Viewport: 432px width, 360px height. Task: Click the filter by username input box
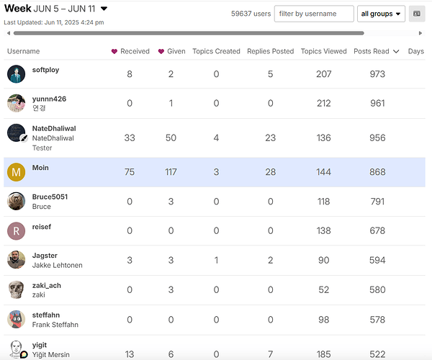click(314, 14)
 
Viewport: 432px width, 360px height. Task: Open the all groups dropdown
click(381, 14)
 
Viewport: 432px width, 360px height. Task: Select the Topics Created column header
click(216, 51)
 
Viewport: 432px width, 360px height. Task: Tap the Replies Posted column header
click(270, 51)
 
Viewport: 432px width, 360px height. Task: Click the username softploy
click(46, 70)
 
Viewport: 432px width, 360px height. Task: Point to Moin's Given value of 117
click(171, 172)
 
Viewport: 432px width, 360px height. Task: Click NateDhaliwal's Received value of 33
click(130, 138)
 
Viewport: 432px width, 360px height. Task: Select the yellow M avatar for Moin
click(17, 172)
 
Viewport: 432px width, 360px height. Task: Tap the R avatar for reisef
click(17, 231)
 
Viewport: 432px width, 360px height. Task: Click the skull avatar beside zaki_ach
click(17, 289)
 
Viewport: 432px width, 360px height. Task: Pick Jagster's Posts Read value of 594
click(377, 261)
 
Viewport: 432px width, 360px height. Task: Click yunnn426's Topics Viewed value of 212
click(324, 103)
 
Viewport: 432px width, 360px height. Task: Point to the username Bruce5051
click(50, 197)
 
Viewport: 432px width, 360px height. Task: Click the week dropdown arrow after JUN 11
click(104, 9)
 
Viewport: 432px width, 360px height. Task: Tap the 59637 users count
click(251, 14)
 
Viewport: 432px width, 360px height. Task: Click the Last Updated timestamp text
click(54, 22)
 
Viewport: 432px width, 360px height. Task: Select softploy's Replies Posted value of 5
click(270, 74)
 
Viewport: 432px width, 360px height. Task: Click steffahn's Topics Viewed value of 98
click(324, 320)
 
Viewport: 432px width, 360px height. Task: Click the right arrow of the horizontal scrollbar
click(420, 33)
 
